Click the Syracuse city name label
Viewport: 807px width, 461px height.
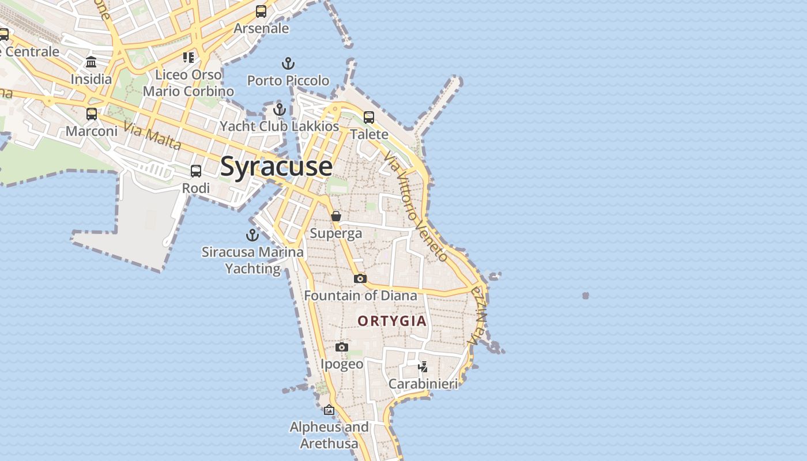(276, 167)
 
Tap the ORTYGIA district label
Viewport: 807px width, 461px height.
(392, 321)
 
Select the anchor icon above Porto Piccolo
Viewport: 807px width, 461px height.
(288, 63)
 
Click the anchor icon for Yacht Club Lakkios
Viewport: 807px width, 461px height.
(280, 109)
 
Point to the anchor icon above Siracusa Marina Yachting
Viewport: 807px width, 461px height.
(252, 235)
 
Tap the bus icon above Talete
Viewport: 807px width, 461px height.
(369, 117)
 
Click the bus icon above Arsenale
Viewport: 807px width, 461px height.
(261, 11)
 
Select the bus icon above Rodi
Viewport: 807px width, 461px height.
(196, 171)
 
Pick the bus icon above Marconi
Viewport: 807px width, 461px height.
(92, 114)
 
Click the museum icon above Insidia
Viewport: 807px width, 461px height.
(91, 62)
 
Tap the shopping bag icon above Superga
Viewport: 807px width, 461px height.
(336, 216)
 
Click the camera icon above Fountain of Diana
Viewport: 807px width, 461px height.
(360, 278)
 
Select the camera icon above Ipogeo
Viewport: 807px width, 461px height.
(342, 347)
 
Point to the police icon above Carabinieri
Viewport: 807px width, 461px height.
(423, 366)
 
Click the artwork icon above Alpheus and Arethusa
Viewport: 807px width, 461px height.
(329, 410)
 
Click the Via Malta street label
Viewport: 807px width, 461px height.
(152, 136)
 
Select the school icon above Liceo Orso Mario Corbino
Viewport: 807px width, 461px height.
(188, 57)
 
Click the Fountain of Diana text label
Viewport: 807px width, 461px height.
(360, 296)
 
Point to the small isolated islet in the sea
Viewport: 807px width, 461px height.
(586, 296)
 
